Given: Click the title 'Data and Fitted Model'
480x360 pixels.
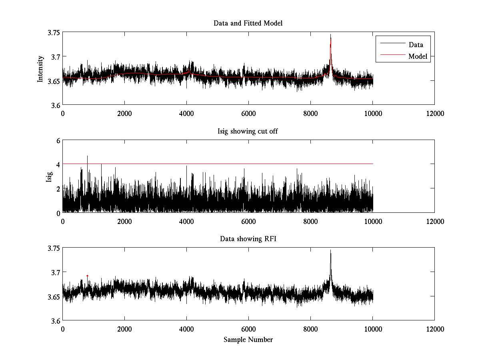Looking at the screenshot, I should [x=248, y=23].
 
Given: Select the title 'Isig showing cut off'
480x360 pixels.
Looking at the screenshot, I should [x=248, y=131].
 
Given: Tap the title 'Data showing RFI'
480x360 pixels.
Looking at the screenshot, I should [x=248, y=239].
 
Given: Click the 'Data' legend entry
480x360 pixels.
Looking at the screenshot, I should [x=416, y=45].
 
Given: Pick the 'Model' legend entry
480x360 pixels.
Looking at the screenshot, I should [x=418, y=56].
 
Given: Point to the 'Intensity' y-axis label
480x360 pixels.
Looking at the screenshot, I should [x=40, y=68].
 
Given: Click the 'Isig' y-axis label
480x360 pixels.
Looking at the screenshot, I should [x=49, y=176].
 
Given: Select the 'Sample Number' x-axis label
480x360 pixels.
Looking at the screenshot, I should [x=248, y=340].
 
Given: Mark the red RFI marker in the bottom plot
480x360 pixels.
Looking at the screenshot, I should [x=87, y=276].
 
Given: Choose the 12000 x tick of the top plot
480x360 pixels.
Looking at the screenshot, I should [x=434, y=114].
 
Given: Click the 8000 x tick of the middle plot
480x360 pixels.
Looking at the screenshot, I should [x=310, y=221].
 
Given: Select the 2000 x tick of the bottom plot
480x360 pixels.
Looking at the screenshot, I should [x=124, y=329].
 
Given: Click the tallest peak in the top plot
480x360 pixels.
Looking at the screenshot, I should [x=331, y=35].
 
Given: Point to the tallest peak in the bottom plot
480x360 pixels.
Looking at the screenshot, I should [x=331, y=251].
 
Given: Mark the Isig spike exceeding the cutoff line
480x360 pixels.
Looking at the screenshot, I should [x=87, y=156].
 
